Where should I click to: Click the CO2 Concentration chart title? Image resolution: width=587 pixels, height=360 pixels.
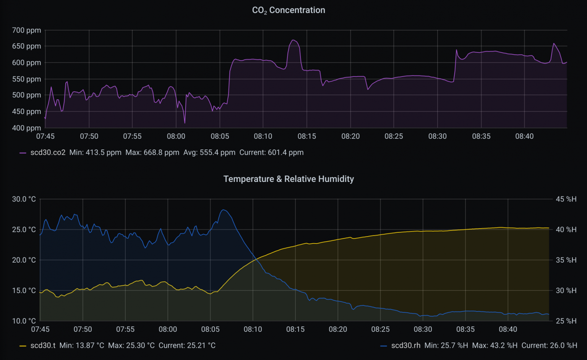point(289,10)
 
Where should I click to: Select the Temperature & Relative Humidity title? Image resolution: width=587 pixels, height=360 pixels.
point(289,179)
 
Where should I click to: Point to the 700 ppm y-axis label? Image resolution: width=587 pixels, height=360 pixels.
point(26,30)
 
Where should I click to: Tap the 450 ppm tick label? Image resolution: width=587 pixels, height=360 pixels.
point(26,112)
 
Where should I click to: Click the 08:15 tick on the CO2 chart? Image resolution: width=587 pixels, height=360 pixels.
point(307,136)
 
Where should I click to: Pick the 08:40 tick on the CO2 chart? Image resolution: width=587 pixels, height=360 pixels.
point(524,136)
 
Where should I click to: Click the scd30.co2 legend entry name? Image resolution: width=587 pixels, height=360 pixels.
point(48,152)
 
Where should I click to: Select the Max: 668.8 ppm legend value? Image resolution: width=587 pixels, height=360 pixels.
point(152,152)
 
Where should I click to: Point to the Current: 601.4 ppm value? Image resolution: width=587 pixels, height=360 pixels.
point(271,152)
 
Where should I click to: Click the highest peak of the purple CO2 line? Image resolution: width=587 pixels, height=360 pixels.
point(293,40)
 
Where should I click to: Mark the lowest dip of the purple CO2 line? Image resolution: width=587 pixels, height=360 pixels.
point(185,123)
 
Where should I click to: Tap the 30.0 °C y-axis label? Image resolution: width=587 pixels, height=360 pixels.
point(24,199)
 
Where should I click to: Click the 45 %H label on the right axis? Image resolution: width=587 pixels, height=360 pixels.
point(566,199)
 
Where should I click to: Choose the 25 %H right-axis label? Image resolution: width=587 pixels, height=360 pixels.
point(566,321)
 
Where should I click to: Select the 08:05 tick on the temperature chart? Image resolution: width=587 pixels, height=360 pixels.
point(210,329)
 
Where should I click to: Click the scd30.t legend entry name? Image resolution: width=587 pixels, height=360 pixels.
point(43,345)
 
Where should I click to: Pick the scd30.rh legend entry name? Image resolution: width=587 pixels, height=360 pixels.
point(405,345)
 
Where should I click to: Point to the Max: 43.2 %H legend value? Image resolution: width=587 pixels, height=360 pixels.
point(495,345)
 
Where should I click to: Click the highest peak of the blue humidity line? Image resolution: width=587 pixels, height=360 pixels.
point(224,210)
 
